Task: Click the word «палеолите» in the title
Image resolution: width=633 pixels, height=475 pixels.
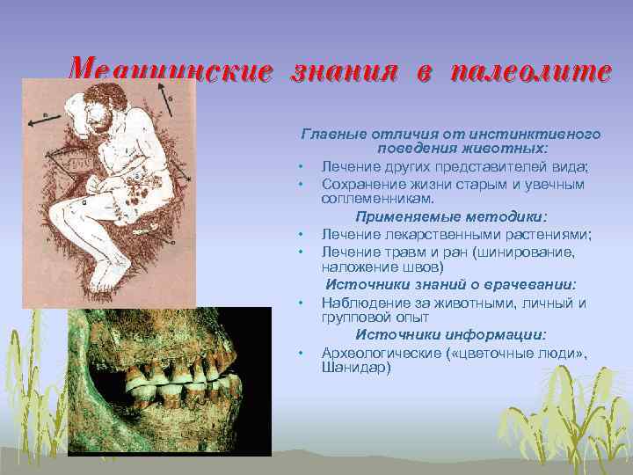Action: click(529, 70)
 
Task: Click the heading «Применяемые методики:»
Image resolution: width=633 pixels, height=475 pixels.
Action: click(451, 217)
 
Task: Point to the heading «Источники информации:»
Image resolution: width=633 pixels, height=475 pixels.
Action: click(451, 335)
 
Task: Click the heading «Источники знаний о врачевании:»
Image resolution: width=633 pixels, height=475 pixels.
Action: click(451, 285)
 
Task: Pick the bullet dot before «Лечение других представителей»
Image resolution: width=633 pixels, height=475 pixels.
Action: click(301, 167)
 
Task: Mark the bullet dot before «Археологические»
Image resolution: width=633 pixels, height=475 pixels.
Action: click(301, 353)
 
